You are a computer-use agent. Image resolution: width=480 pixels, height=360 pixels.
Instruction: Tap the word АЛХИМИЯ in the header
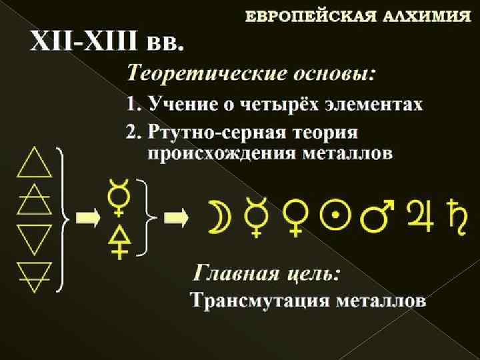pyautogui.click(x=427, y=16)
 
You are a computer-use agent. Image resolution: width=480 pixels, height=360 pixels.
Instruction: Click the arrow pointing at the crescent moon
pyautogui.click(x=177, y=217)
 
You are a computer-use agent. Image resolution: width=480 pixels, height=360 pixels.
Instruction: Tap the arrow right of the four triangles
pyautogui.click(x=86, y=217)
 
